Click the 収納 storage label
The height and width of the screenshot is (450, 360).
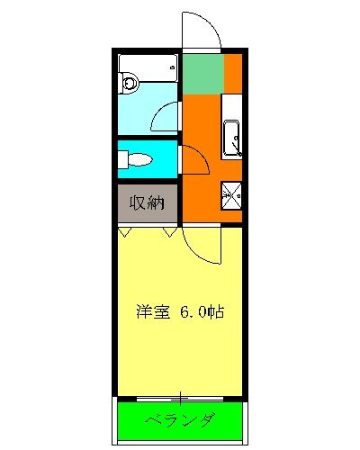(x=147, y=202)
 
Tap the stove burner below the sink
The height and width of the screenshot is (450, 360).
(x=232, y=193)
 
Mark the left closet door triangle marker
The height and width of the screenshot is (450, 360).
(x=125, y=231)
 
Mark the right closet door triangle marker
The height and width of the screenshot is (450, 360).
(x=169, y=231)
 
